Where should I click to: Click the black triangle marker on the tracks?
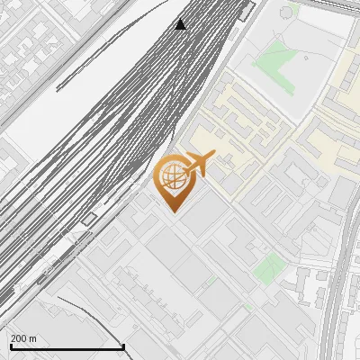(x=181, y=24)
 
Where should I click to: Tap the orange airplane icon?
(x=199, y=165)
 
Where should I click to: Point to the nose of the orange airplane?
(x=212, y=157)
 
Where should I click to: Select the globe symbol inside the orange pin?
(x=171, y=176)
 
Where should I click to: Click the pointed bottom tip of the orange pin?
(x=172, y=212)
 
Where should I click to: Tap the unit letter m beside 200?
(x=33, y=338)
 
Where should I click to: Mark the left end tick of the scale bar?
(x=10, y=346)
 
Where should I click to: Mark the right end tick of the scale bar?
(x=123, y=346)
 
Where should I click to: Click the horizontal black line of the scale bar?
(x=67, y=346)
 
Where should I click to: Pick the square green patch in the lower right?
(x=267, y=266)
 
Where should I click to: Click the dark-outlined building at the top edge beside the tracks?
(x=247, y=11)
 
